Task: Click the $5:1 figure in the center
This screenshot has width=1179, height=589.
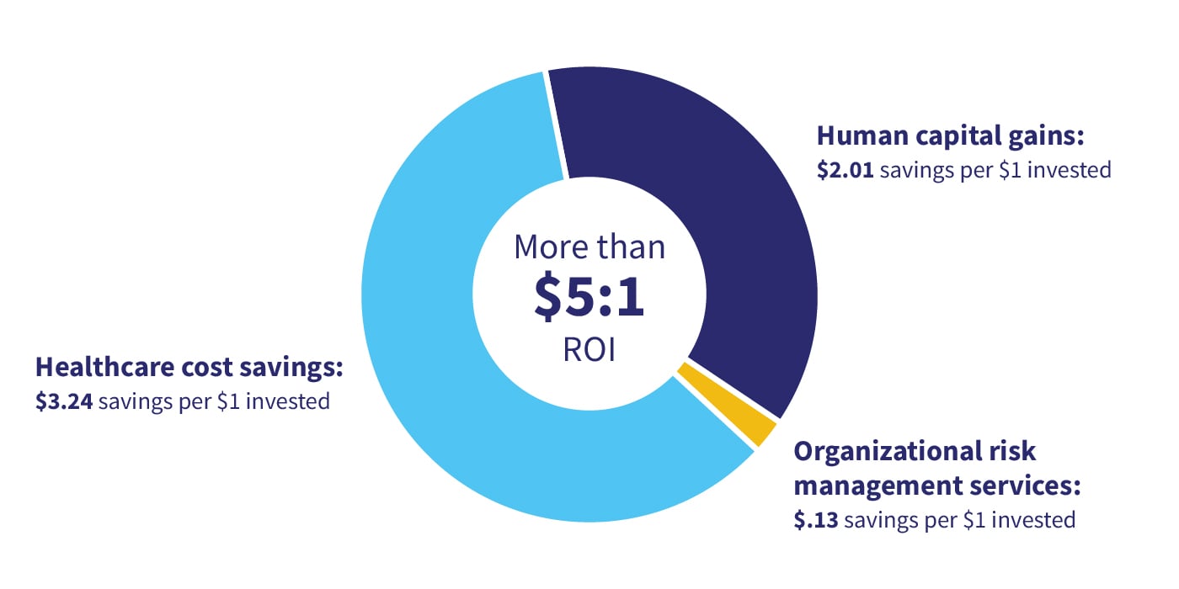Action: click(589, 300)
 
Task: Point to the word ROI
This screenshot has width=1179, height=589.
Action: click(589, 349)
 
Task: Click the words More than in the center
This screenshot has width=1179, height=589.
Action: click(589, 247)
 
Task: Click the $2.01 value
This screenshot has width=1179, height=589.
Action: click(845, 170)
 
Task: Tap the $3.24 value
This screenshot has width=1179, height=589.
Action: click(64, 401)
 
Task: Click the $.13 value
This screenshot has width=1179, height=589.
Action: click(816, 520)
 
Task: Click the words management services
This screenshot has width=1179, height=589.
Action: click(937, 486)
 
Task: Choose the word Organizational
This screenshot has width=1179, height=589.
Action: click(884, 452)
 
